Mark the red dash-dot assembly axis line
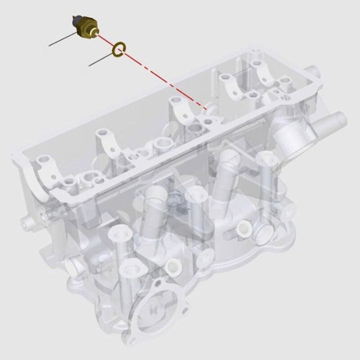(160, 75)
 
